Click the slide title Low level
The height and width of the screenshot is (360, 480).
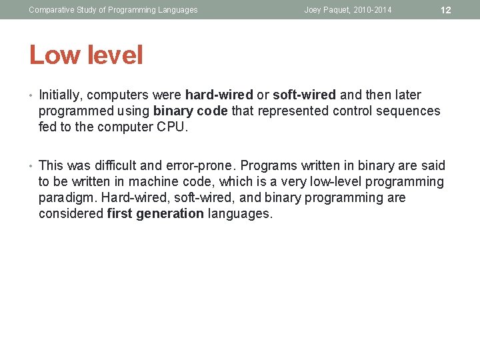(x=86, y=55)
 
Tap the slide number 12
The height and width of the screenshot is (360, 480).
(x=446, y=10)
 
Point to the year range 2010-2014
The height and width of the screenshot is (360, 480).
(x=373, y=10)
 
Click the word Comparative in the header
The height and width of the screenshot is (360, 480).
(x=51, y=10)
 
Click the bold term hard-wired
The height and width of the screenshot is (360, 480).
(x=219, y=95)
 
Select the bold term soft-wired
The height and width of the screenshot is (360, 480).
(x=304, y=95)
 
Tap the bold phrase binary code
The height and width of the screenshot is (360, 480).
(x=191, y=111)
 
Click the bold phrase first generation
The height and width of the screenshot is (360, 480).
(x=155, y=214)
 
